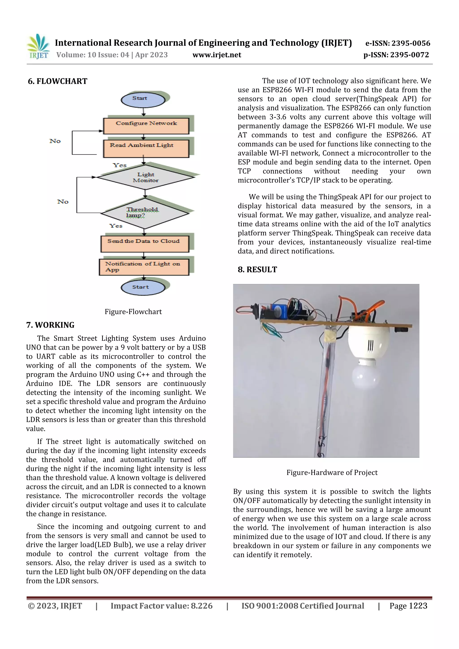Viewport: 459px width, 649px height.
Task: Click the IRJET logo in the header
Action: [38, 47]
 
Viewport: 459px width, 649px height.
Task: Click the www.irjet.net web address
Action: [217, 55]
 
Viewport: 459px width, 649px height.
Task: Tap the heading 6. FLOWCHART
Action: [57, 81]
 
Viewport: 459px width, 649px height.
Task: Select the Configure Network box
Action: [146, 126]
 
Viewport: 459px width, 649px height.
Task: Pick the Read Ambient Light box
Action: [146, 148]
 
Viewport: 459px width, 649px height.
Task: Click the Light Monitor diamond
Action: [145, 177]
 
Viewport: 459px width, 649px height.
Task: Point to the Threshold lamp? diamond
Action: [144, 213]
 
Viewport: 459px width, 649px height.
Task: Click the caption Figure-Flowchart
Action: [133, 312]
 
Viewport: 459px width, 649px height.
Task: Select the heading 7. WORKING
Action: [50, 325]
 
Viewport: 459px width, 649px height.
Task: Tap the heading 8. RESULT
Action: [257, 270]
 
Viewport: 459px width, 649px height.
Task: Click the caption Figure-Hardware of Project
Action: [332, 473]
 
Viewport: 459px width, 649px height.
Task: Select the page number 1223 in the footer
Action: [418, 606]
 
